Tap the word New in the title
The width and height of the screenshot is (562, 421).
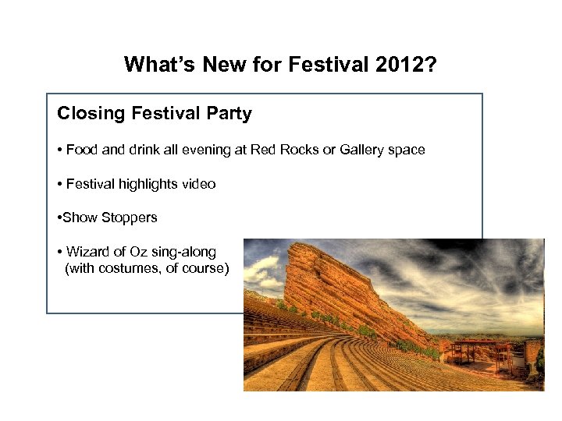224,64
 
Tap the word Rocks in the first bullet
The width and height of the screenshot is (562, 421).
307,150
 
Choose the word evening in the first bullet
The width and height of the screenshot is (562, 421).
208,150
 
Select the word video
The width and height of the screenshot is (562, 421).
198,184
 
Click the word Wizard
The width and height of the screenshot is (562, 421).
88,252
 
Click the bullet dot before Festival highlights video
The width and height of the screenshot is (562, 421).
60,185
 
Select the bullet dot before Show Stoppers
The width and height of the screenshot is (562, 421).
59,218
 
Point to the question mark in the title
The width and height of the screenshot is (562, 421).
432,64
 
